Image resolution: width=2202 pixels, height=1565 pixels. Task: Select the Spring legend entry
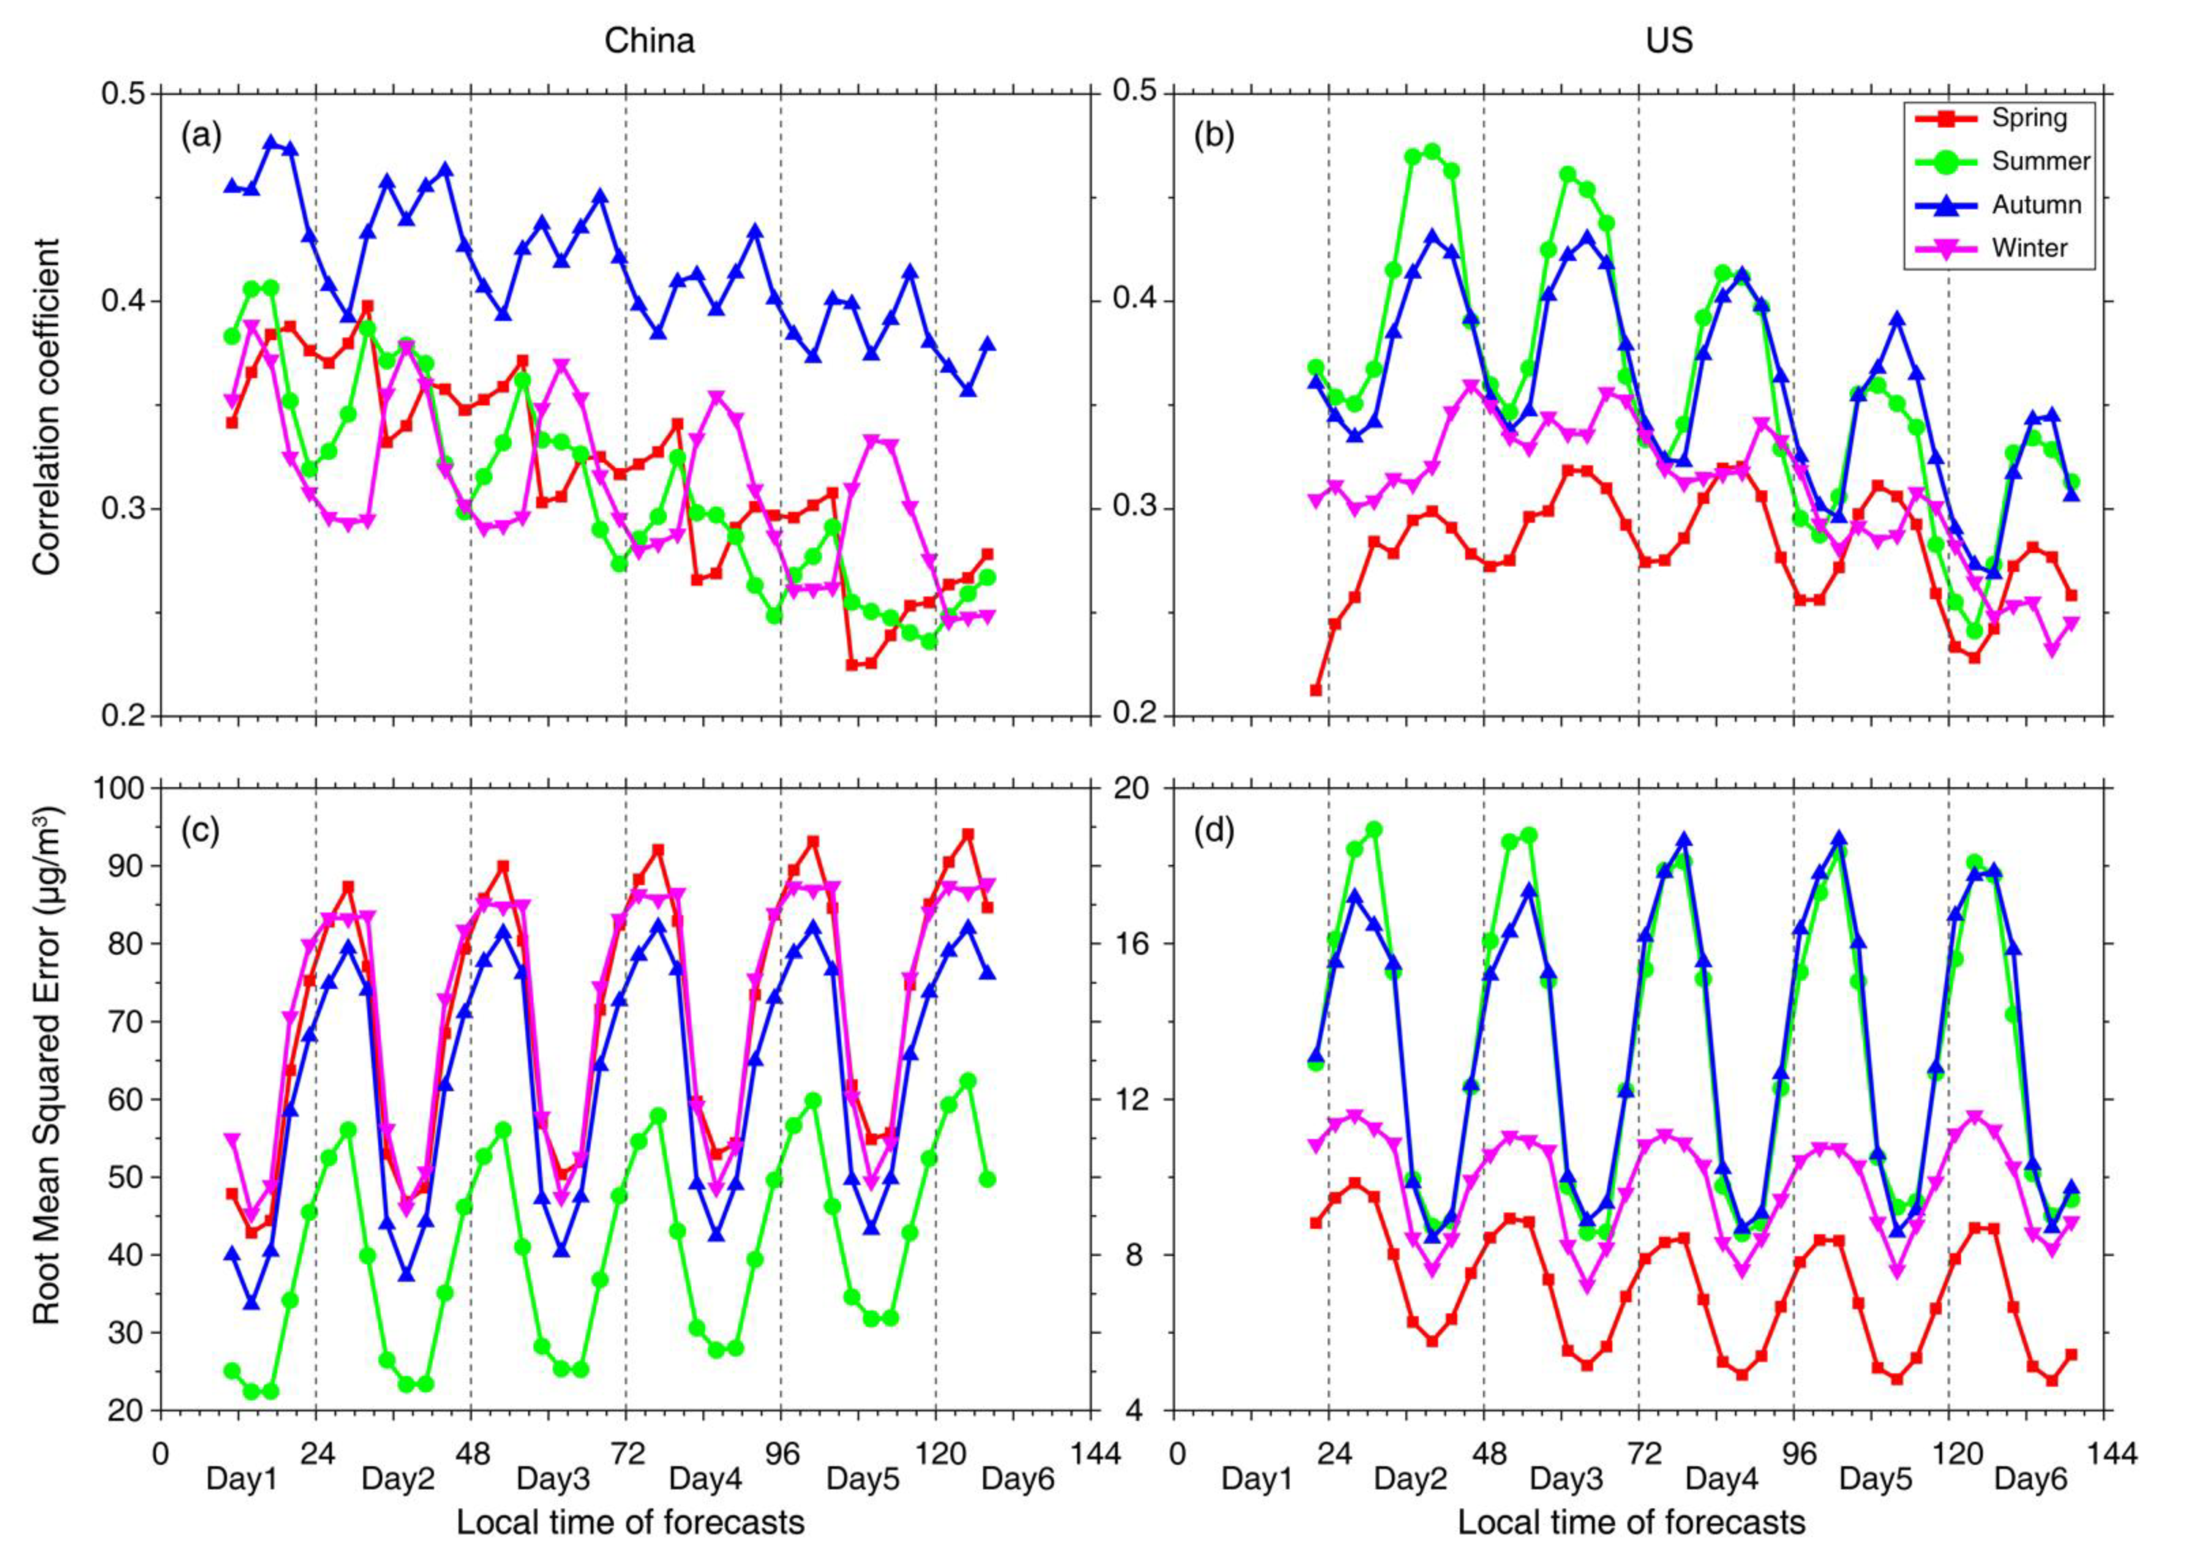coord(2029,119)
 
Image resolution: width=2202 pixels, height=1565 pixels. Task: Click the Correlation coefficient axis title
coord(46,406)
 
